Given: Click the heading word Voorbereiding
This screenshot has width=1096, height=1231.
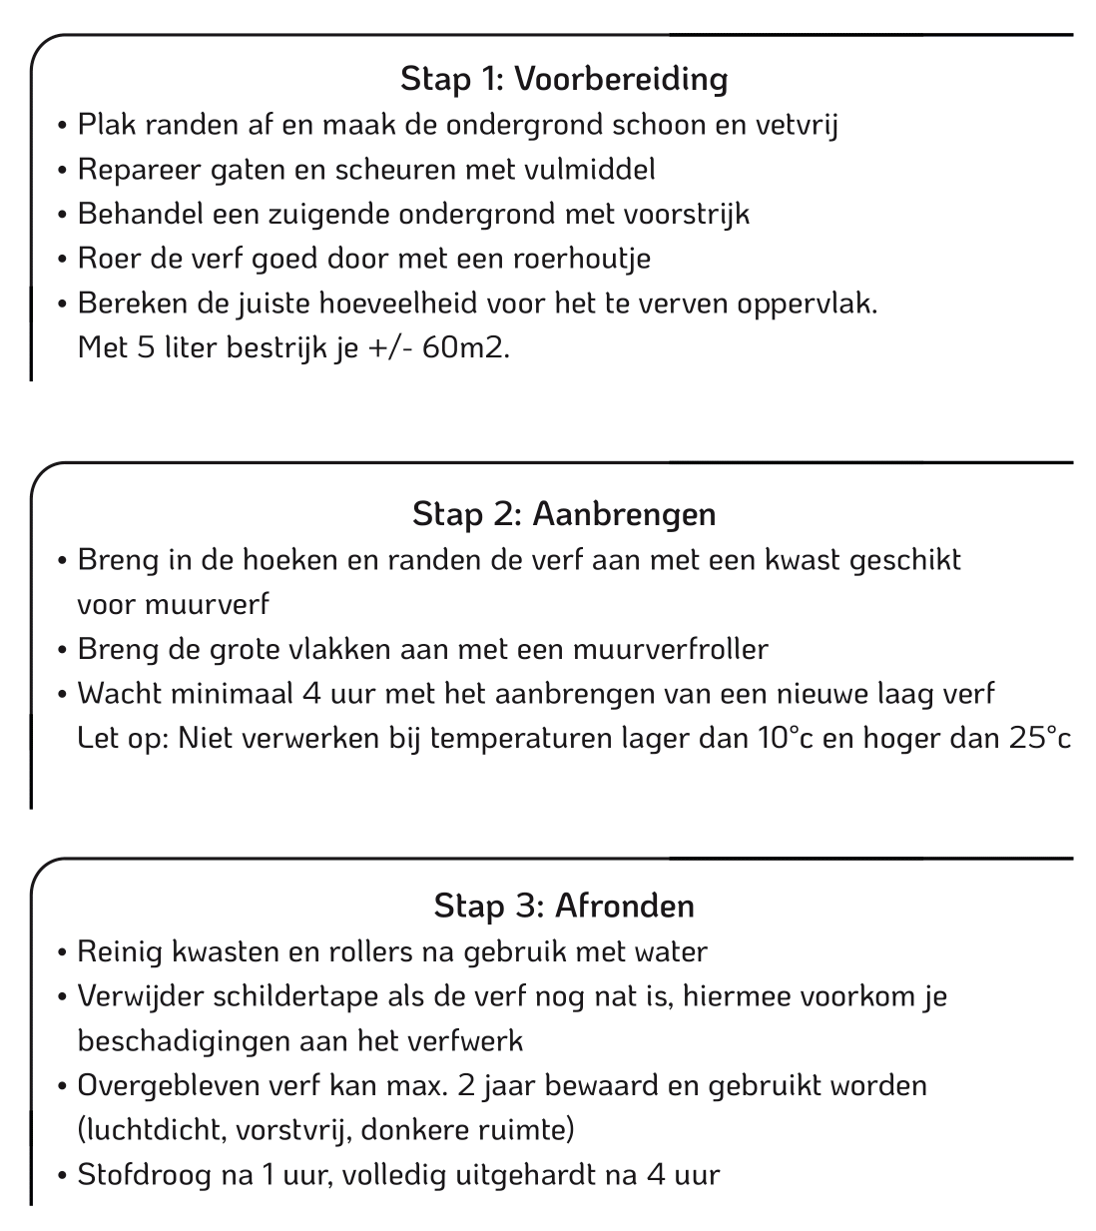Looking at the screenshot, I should point(620,79).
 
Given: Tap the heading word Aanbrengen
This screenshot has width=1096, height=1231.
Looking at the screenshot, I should point(624,514).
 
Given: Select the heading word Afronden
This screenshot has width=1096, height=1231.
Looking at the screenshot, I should point(624,907).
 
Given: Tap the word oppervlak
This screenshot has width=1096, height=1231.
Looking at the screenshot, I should point(807,305).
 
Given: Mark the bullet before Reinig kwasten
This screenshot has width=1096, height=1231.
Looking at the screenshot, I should point(62,952).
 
